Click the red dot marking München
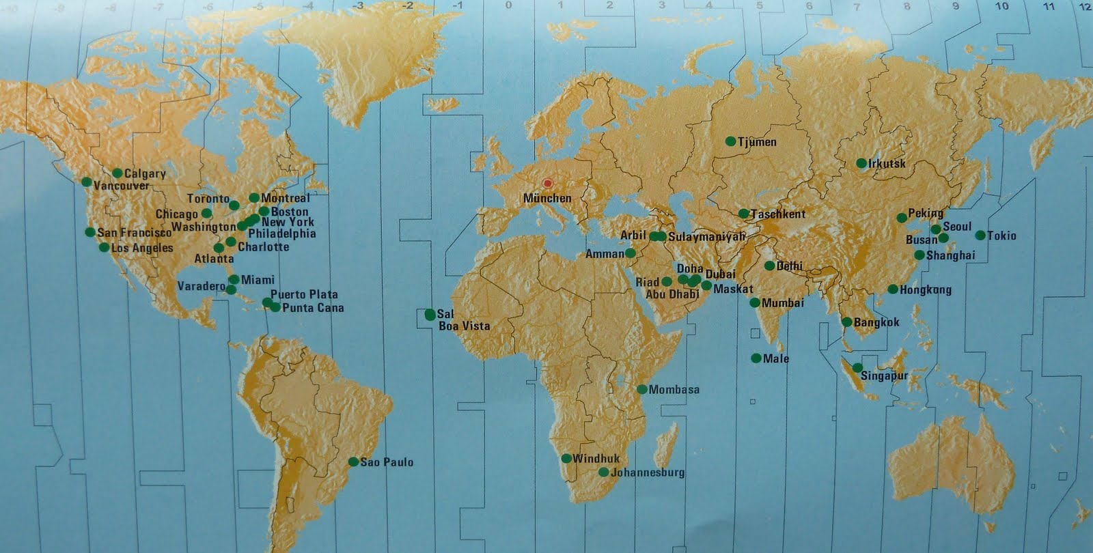(547, 184)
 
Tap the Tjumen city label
(757, 142)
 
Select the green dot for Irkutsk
(861, 164)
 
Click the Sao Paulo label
(387, 462)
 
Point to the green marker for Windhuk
(566, 459)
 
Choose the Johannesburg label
(648, 472)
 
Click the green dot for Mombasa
(642, 390)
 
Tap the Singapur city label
(884, 376)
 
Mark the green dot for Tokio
(980, 236)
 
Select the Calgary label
(145, 173)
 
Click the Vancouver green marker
(86, 182)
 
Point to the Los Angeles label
(142, 248)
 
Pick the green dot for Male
(756, 358)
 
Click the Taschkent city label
(778, 214)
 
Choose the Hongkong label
(925, 289)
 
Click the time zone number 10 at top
(1001, 6)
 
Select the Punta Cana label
(313, 308)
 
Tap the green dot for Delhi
(770, 266)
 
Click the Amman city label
(605, 254)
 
